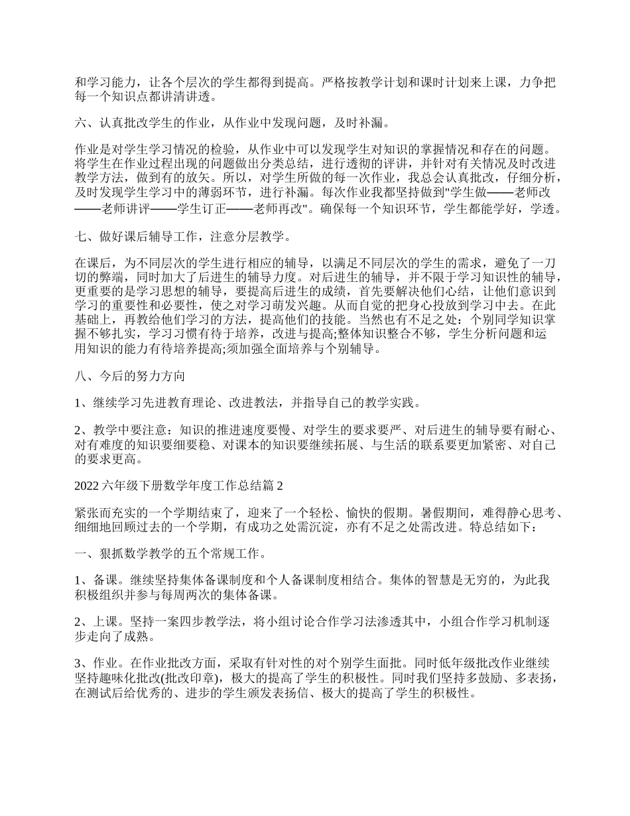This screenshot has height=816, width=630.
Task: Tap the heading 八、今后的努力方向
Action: pos(129,376)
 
